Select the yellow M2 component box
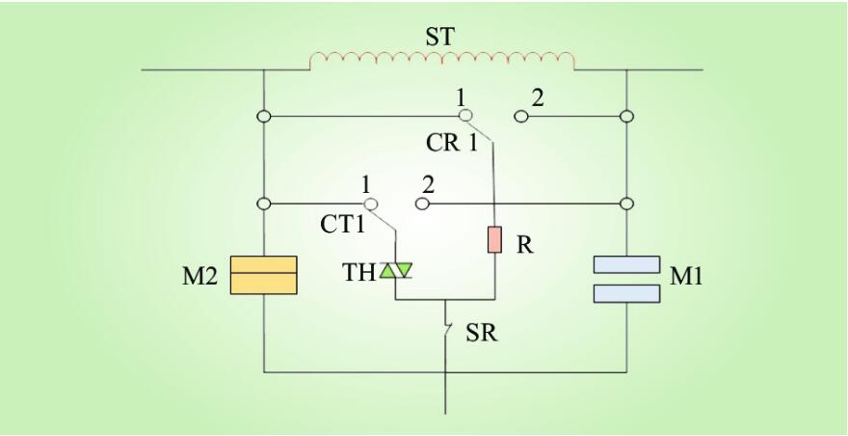263,275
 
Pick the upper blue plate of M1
626,264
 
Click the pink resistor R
494,239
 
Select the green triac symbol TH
395,273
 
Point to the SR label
482,334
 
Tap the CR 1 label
452,144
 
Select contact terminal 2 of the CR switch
519,117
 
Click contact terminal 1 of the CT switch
370,204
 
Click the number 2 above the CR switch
538,96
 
